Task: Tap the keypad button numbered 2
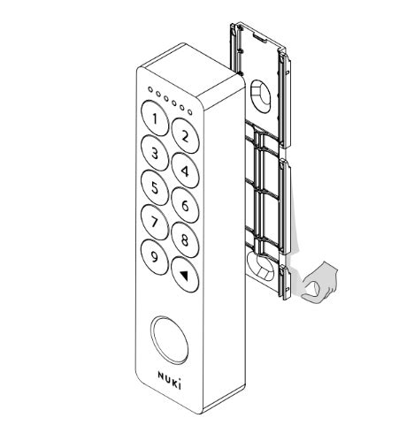click(x=185, y=136)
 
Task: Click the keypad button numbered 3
click(x=155, y=154)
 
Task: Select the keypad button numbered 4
click(x=184, y=171)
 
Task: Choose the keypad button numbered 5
click(x=154, y=187)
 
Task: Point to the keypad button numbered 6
click(x=184, y=206)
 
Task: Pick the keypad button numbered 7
click(x=154, y=222)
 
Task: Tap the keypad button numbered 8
click(x=184, y=240)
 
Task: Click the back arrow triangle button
click(x=184, y=275)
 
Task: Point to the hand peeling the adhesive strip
click(x=320, y=284)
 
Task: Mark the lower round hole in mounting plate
click(x=260, y=265)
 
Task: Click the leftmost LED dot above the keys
click(x=151, y=89)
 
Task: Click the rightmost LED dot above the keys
click(x=188, y=110)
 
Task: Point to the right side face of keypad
click(x=226, y=247)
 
